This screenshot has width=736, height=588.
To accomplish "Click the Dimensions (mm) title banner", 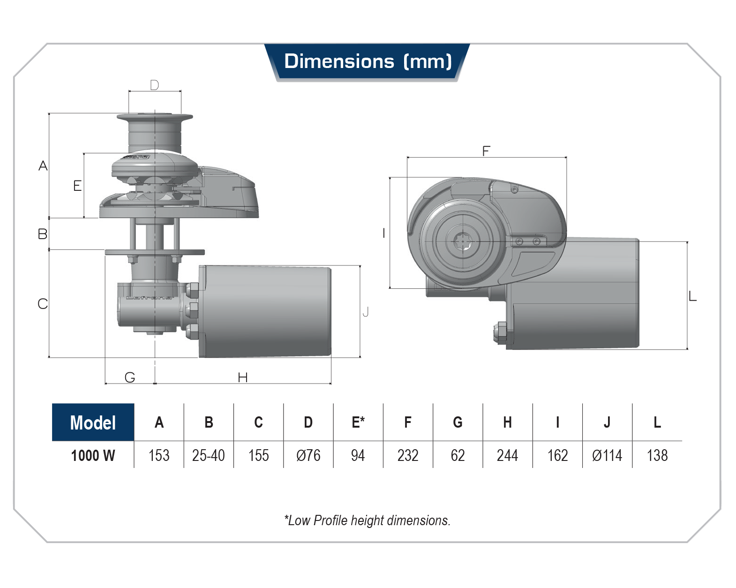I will [368, 62].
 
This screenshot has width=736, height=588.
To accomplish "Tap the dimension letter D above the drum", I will [154, 85].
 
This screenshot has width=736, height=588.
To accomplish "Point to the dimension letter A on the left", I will [43, 166].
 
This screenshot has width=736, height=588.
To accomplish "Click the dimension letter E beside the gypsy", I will [77, 186].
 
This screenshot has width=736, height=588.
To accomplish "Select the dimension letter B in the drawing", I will [43, 234].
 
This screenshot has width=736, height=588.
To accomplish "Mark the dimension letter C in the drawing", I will [43, 304].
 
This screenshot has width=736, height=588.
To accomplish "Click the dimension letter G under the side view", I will [130, 377].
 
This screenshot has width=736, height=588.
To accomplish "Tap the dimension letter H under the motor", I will [242, 377].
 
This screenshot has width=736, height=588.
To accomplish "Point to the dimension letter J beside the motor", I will [366, 312].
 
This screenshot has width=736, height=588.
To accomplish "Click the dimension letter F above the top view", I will [486, 151].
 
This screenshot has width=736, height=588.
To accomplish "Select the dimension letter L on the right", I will [692, 296].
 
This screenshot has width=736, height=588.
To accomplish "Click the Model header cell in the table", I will [93, 422].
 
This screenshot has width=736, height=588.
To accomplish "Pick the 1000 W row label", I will [93, 455].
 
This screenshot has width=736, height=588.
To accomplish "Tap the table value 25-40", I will [209, 455].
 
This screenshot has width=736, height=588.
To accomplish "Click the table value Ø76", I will [308, 455].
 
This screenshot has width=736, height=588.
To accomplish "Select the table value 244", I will [507, 455].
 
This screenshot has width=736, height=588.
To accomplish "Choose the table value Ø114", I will [607, 455].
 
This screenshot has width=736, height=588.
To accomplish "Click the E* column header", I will [358, 422].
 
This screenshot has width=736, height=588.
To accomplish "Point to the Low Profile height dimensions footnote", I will [367, 520].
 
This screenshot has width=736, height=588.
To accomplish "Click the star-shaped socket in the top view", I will [463, 241].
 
